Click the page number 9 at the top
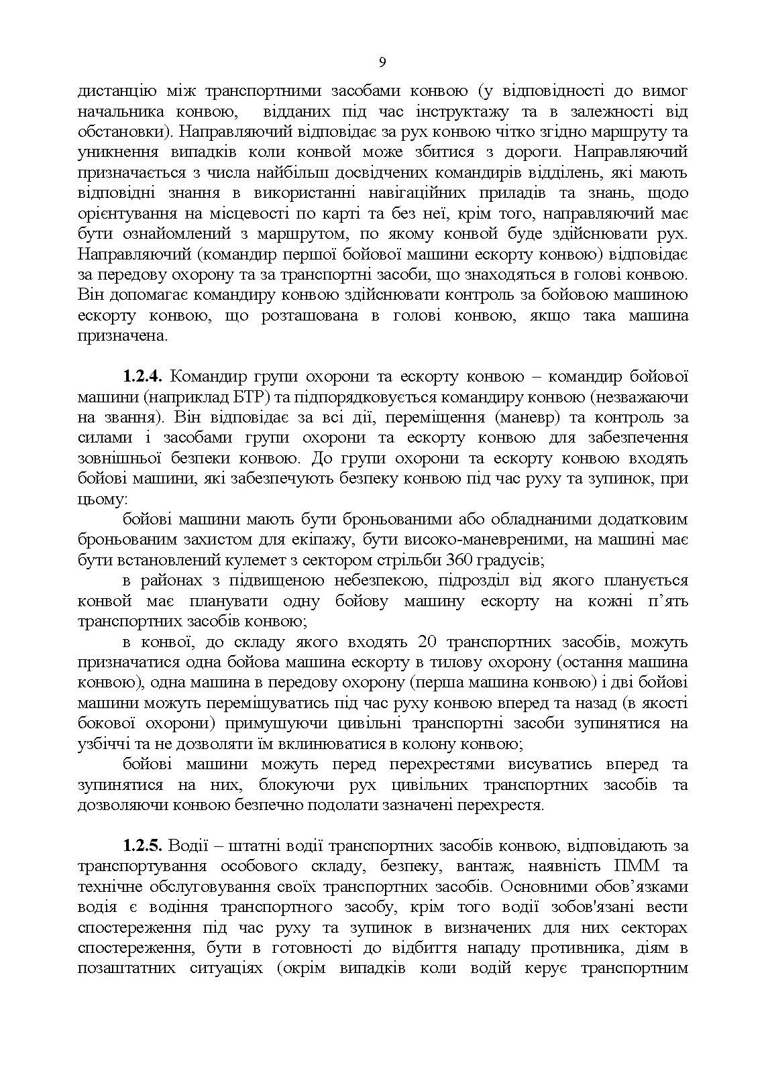click(382, 62)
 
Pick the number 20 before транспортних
click(427, 642)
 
